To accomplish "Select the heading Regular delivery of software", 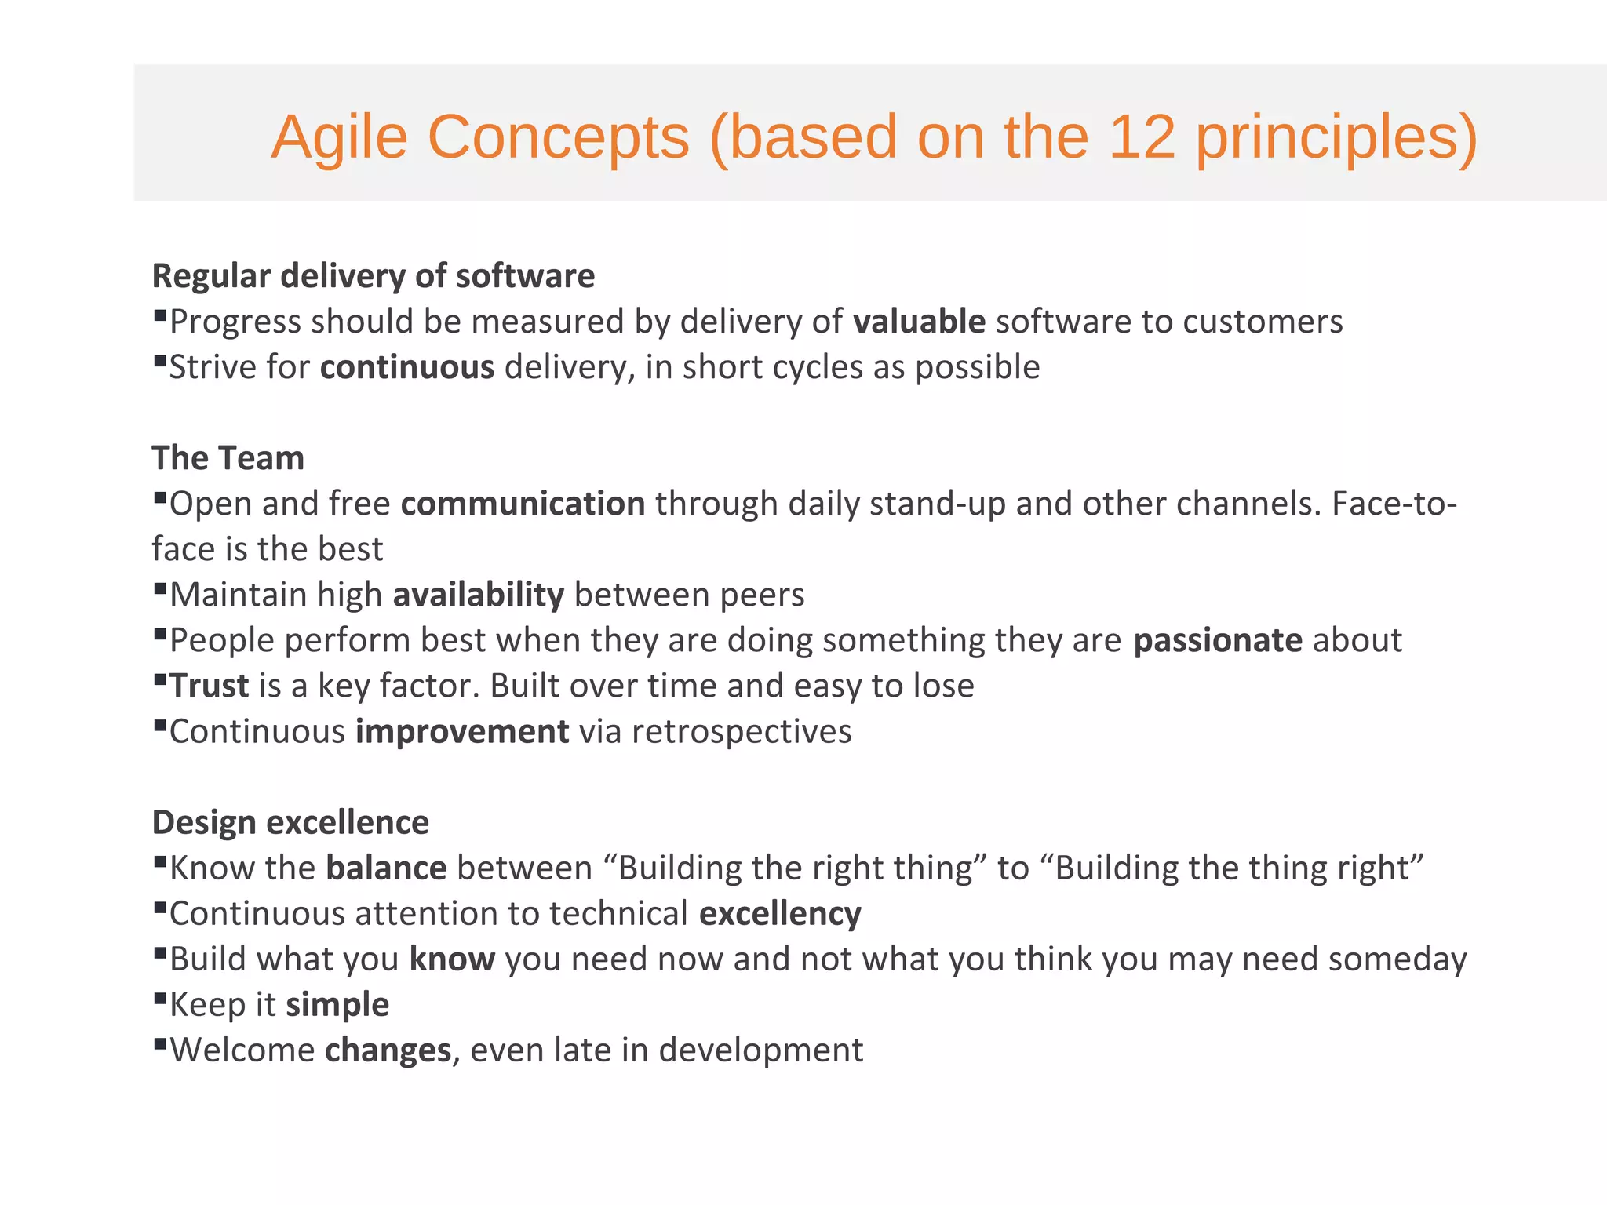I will click(x=374, y=276).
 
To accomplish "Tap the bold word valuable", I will click(x=919, y=322).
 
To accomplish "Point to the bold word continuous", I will click(x=407, y=367).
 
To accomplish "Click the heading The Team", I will click(x=228, y=458).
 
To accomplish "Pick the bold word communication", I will click(x=523, y=504).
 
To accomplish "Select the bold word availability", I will click(x=478, y=595).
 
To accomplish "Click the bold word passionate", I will click(x=1218, y=640).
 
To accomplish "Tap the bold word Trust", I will click(x=210, y=686).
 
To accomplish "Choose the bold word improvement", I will click(x=462, y=731).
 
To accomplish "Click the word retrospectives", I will click(x=742, y=731).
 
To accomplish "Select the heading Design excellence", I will click(x=290, y=822).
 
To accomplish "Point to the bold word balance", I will click(x=386, y=868).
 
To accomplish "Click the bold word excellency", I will click(x=780, y=914).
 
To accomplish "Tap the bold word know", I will click(x=452, y=959).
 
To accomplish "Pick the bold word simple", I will click(x=337, y=1005).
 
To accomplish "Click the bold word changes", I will click(x=388, y=1050).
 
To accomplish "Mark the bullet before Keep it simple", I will click(x=160, y=999).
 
